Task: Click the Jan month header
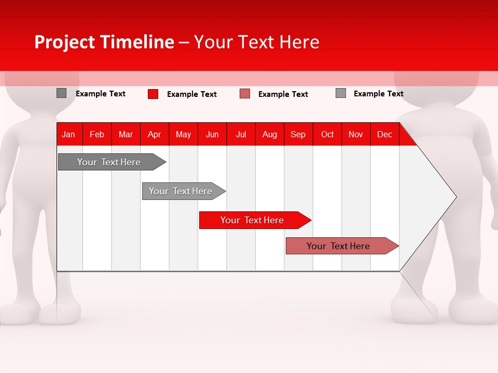[68, 135]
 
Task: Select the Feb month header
[97, 135]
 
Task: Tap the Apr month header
[155, 135]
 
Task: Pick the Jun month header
[212, 135]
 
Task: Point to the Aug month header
[270, 135]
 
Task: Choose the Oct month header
[327, 135]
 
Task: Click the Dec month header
[384, 135]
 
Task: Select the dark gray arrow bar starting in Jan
[112, 162]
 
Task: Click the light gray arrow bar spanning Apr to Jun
[184, 191]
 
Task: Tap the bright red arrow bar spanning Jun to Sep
[255, 220]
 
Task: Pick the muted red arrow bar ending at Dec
[342, 246]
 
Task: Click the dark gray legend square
[61, 93]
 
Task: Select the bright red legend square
[153, 94]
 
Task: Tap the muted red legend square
[245, 94]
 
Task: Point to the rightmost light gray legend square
[341, 93]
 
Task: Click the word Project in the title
[64, 42]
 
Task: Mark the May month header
[183, 135]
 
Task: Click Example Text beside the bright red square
[192, 94]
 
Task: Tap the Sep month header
[298, 135]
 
